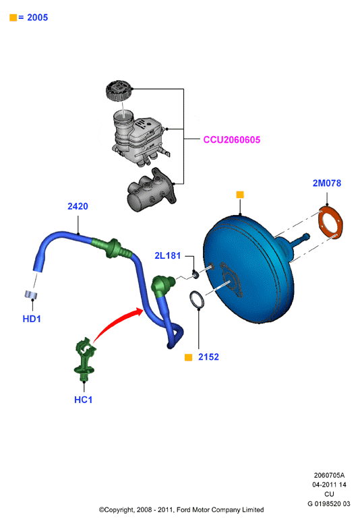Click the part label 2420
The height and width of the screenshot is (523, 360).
78,206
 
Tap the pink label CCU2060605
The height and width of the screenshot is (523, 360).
232,140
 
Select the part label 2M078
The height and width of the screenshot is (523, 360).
327,183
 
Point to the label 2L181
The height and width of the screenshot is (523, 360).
167,255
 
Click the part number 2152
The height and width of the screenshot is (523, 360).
208,357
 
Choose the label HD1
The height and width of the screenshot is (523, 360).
32,319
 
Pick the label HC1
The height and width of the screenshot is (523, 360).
84,400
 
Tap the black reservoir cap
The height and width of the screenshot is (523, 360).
119,90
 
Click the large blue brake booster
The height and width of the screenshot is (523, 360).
249,268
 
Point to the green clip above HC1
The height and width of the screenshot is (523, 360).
85,359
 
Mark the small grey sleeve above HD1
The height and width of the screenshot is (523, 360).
31,295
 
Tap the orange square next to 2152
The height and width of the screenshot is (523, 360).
189,357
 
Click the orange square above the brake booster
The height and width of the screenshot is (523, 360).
240,195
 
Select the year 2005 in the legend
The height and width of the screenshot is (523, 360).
37,18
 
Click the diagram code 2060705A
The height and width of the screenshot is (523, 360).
329,475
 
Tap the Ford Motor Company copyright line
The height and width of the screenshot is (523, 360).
181,510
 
